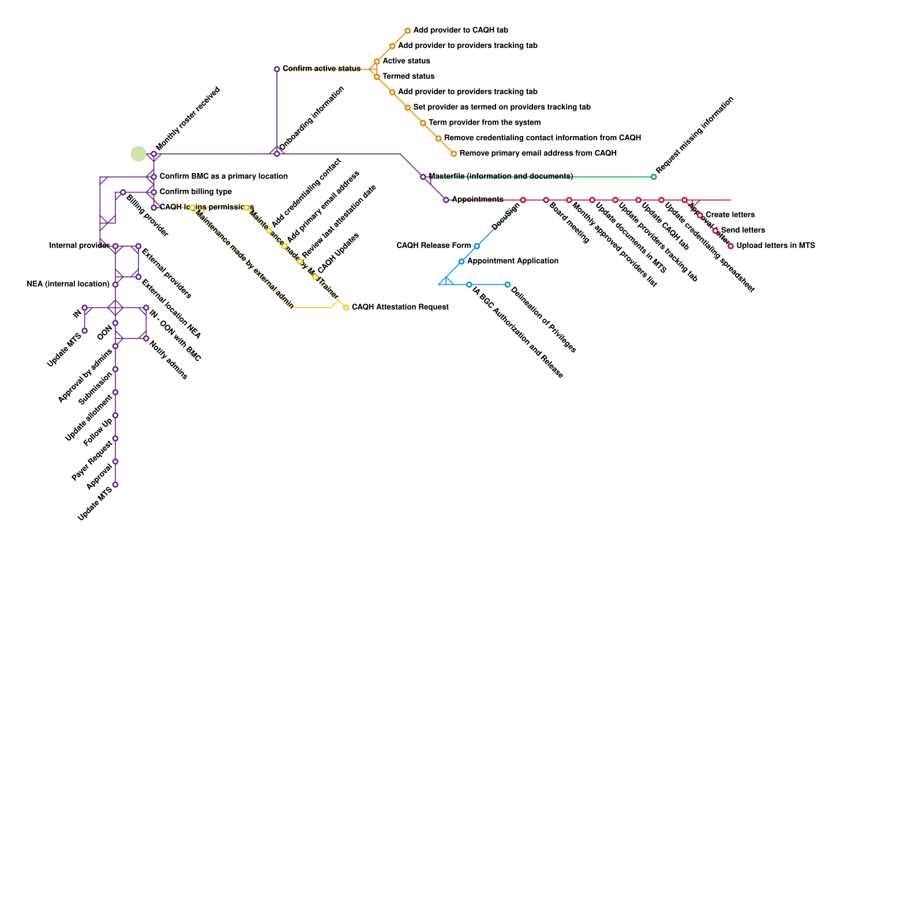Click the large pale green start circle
(138, 154)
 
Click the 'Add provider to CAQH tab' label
(460, 30)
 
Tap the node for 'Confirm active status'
(277, 69)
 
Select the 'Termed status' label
(408, 76)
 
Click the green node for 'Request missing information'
(654, 177)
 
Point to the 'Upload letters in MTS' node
(730, 246)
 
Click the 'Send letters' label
(742, 230)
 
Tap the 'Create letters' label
(730, 215)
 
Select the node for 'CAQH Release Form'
(476, 246)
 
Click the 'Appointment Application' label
(512, 261)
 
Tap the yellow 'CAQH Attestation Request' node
(346, 307)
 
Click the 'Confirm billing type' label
(196, 192)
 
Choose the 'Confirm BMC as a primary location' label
(223, 176)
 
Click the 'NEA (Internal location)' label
(68, 284)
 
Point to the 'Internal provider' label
(79, 245)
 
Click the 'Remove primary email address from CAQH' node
(453, 153)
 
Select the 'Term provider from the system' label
(485, 122)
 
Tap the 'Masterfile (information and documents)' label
(501, 176)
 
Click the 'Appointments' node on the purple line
(446, 200)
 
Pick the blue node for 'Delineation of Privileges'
(508, 284)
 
